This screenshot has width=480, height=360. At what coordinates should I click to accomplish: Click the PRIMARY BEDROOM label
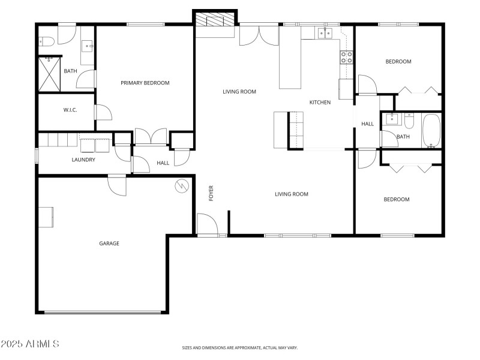point(145,83)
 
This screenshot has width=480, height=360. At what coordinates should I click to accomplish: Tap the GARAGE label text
point(109,244)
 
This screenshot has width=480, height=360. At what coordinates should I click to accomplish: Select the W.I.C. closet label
point(70,110)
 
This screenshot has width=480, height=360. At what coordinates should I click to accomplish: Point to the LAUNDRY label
point(83,160)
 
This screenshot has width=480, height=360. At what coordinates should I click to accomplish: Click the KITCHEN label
point(320,103)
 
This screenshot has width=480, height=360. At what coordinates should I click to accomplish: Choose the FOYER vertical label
point(211,193)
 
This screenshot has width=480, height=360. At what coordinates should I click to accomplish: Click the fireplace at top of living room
point(215,22)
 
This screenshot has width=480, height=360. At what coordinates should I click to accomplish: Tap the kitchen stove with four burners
point(346,57)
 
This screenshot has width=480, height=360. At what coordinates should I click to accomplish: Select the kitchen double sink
point(325,33)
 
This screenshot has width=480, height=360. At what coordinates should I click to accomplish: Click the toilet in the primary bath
point(47,41)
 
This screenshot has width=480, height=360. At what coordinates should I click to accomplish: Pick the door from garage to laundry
point(118,184)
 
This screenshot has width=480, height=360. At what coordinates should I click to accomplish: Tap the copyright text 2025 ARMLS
point(30,344)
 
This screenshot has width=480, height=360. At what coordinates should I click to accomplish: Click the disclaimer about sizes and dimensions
point(239,347)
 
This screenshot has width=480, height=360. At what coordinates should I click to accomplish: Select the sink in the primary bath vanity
point(88,44)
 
